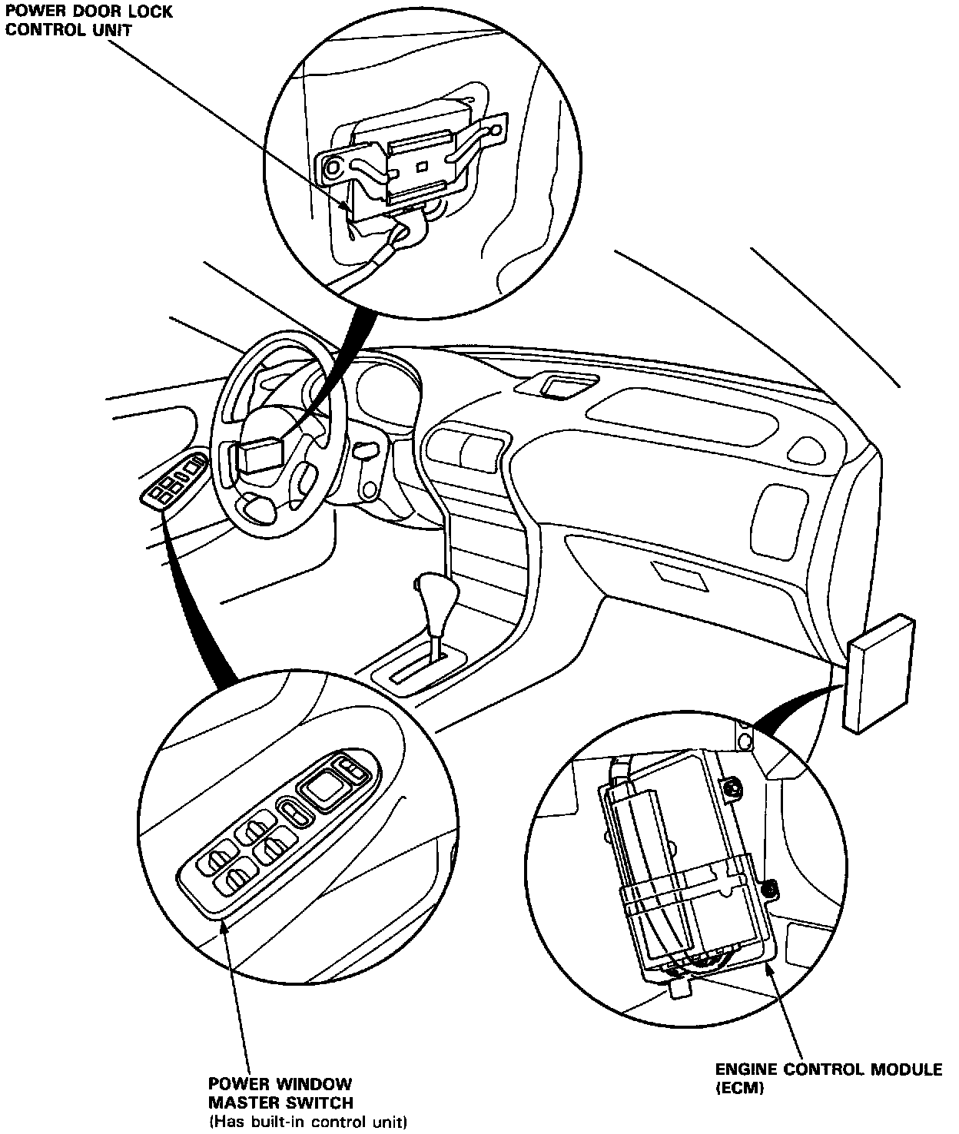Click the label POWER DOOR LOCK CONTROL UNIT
(89, 21)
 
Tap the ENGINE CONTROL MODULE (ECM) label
(828, 1078)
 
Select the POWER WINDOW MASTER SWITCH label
(280, 1093)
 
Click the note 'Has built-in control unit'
(307, 1122)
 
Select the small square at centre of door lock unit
(420, 166)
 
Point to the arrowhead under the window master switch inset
(224, 927)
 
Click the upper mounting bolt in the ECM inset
(734, 786)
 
